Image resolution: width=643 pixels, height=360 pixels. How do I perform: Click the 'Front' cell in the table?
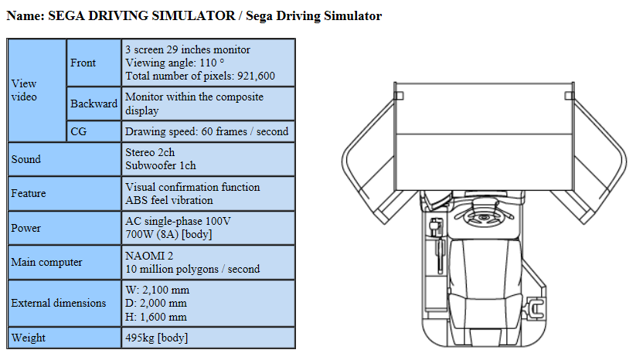pos(83,63)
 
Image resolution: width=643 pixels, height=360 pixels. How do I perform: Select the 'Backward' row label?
pos(94,104)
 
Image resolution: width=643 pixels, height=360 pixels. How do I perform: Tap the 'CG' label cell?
pos(79,131)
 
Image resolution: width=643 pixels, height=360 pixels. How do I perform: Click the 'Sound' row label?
pos(26,159)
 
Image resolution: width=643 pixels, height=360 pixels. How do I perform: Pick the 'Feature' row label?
pos(29,193)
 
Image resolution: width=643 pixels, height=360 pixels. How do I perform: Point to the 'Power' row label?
pos(26,228)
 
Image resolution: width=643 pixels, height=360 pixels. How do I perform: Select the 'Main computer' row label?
pos(46,262)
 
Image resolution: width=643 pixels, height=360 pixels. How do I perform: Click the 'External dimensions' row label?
pos(59,303)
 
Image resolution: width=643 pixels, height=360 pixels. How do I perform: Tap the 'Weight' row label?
pos(29,338)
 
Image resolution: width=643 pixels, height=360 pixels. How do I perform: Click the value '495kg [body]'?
pos(156,338)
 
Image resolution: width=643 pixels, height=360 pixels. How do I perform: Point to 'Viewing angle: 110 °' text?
pos(175,63)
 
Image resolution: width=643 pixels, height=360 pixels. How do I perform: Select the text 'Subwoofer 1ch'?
pos(161,165)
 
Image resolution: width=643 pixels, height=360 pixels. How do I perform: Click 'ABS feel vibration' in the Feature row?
pos(169,200)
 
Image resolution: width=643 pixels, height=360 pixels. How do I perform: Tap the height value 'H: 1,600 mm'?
pos(156,317)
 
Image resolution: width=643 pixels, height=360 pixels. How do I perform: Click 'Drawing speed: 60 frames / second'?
pos(206,131)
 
